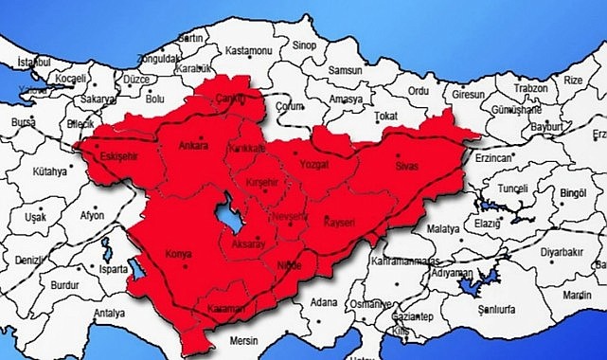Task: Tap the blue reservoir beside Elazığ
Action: [490, 205]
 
